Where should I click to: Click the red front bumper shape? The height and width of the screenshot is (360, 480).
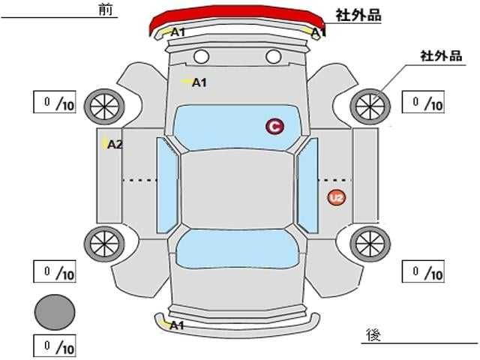(x=237, y=15)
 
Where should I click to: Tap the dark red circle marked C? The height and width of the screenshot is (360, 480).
(x=274, y=126)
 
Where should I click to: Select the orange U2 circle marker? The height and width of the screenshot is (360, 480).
(x=337, y=198)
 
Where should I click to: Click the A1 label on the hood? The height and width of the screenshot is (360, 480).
(x=199, y=82)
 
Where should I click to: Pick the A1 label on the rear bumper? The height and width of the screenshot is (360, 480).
(x=177, y=325)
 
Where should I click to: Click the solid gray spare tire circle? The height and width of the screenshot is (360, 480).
(x=55, y=312)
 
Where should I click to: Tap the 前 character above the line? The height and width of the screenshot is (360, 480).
(x=106, y=9)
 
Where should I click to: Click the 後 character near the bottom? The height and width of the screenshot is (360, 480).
(x=373, y=335)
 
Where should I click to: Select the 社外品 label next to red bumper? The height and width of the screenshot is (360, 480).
(x=358, y=15)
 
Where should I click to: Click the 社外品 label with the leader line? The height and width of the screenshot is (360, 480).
(x=441, y=56)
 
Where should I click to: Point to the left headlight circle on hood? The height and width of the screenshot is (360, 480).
(x=202, y=57)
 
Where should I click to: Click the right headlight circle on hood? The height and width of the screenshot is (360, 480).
(x=273, y=57)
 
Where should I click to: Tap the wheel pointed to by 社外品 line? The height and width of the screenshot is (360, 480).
(x=370, y=106)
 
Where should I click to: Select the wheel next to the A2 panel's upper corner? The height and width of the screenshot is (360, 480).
(x=104, y=106)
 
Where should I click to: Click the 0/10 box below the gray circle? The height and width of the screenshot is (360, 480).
(x=55, y=346)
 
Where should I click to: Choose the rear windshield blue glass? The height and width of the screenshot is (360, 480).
(x=237, y=249)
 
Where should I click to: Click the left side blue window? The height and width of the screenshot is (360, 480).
(x=167, y=185)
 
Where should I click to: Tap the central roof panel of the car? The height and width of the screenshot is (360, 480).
(x=237, y=189)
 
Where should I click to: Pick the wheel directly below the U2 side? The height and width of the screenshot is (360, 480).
(x=370, y=244)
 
